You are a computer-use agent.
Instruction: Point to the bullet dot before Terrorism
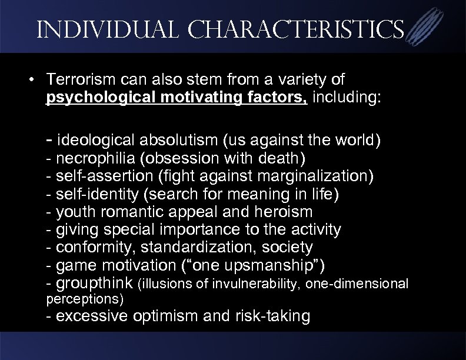37,79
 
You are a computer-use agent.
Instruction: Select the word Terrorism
76,79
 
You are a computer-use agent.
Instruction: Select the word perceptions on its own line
84,299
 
